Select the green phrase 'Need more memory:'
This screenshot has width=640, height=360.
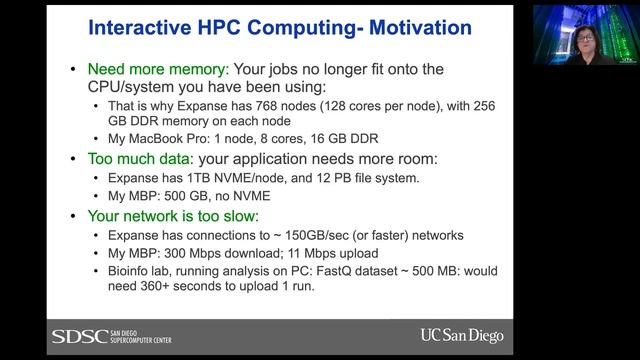[157, 71]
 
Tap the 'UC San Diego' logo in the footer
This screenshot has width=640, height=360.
[461, 335]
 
